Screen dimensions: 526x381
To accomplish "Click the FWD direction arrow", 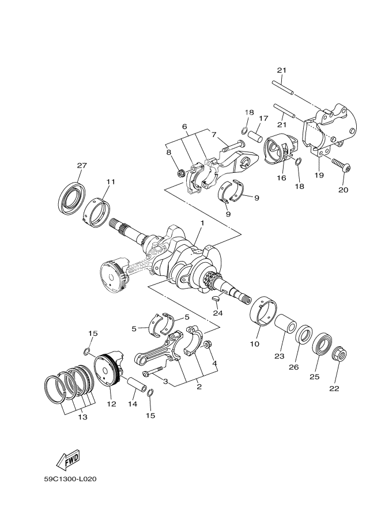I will (x=67, y=459).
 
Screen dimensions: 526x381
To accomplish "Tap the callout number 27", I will (x=81, y=165).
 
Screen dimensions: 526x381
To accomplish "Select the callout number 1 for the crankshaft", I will (x=202, y=223).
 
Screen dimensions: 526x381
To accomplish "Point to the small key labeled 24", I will (x=217, y=298).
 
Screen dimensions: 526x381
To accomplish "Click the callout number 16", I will (x=282, y=178).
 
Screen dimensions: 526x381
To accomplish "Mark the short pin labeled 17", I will (x=256, y=138).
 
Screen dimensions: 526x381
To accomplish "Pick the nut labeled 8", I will (x=181, y=172).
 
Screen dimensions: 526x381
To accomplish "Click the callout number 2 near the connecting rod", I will (x=199, y=387).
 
